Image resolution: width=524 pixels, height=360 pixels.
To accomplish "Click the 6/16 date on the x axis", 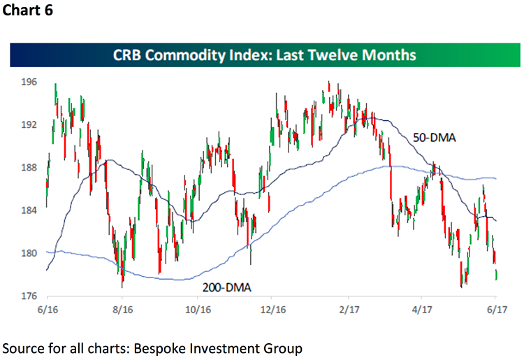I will click(x=47, y=308).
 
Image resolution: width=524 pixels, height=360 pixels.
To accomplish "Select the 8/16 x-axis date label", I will click(x=122, y=308).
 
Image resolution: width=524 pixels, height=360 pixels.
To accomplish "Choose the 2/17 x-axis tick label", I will click(x=347, y=308).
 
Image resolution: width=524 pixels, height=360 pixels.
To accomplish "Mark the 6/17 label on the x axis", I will click(x=495, y=308).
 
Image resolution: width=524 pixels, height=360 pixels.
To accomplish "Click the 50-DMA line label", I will click(x=434, y=138).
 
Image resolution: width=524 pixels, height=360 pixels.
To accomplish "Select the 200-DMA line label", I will click(x=228, y=286).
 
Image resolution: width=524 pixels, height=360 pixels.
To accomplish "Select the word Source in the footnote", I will click(x=24, y=347).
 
